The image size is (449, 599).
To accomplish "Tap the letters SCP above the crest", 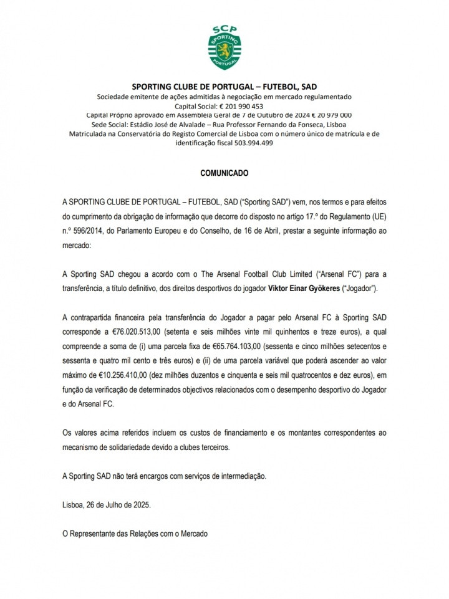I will click(224, 29).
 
